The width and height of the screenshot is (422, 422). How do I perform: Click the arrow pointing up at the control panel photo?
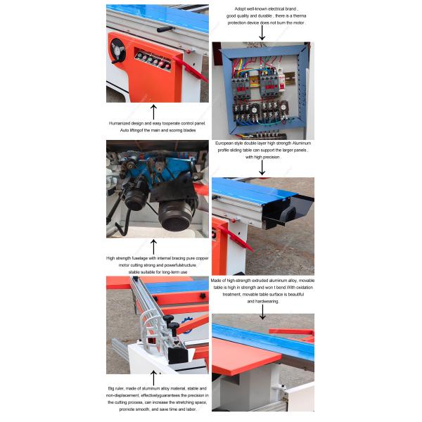[x=153, y=111]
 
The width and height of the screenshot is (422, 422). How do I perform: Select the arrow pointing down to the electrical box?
[x=262, y=32]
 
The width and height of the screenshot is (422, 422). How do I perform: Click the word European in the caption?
[x=226, y=143]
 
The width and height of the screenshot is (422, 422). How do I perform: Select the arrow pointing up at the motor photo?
[x=153, y=246]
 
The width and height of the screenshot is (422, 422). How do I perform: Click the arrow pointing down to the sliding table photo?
[x=262, y=167]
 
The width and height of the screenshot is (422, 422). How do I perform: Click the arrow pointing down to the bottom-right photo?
[x=262, y=309]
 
